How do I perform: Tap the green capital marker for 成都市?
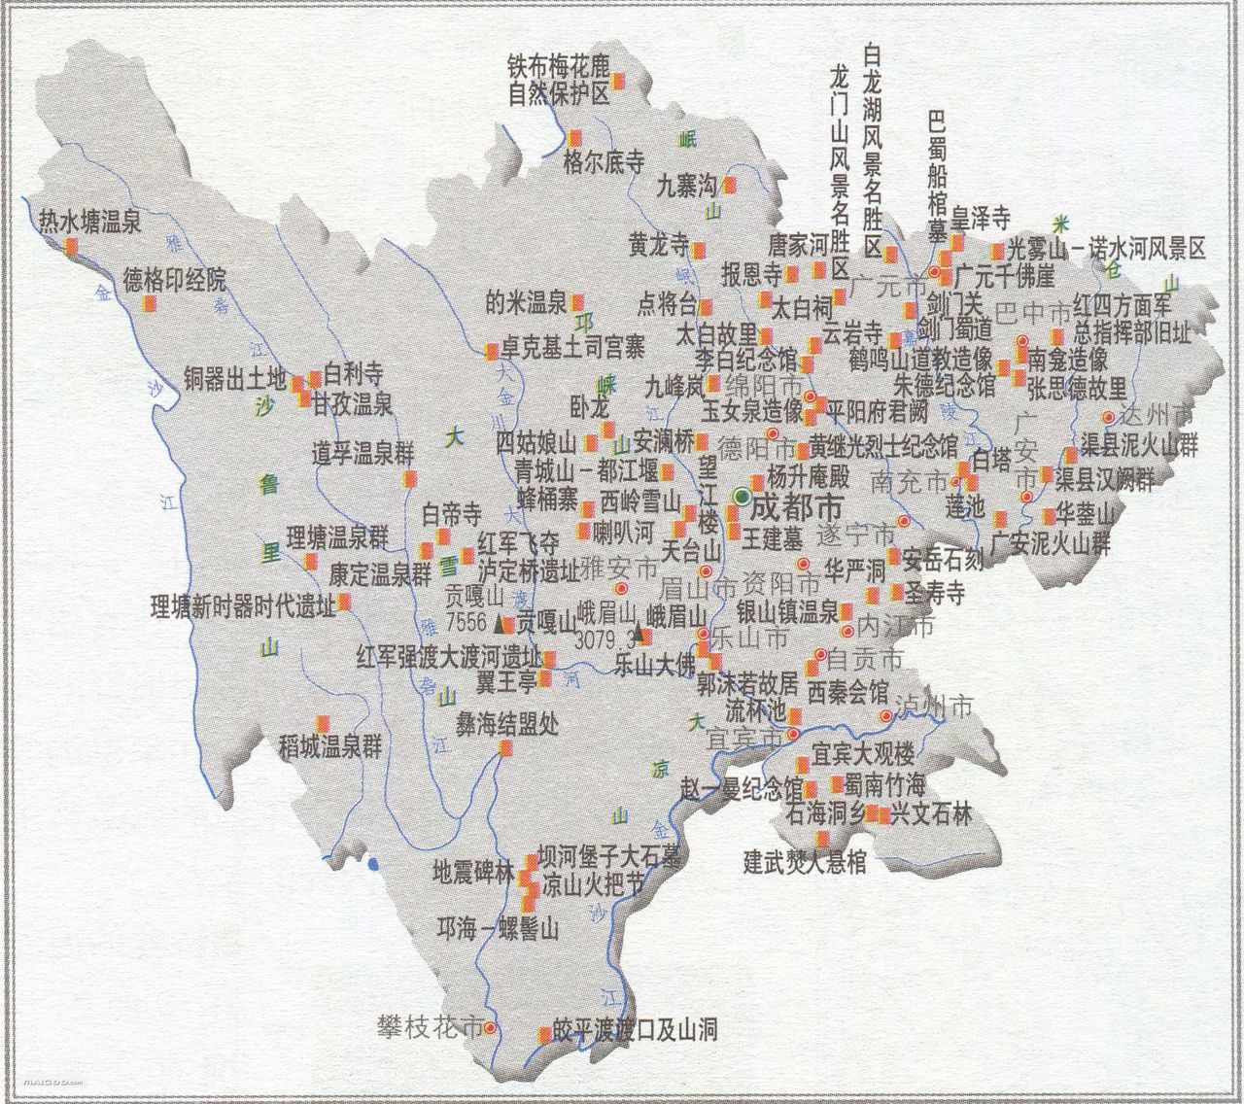[742, 497]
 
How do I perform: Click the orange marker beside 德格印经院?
[149, 304]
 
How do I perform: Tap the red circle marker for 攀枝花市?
[491, 1027]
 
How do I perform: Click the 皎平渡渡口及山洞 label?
[635, 1030]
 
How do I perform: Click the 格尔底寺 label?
[604, 162]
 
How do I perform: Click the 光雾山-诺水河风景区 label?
[1106, 249]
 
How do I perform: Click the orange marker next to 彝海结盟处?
[505, 748]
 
